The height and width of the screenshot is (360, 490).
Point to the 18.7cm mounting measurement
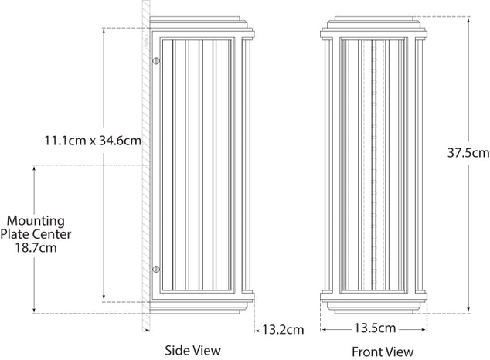pyautogui.click(x=36, y=249)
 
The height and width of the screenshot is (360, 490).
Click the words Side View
pyautogui.click(x=193, y=351)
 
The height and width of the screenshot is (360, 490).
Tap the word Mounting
pyautogui.click(x=36, y=219)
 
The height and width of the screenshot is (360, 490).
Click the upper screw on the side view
pyautogui.click(x=155, y=61)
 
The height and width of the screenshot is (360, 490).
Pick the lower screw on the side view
pyautogui.click(x=155, y=269)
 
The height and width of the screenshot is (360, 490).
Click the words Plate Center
pyautogui.click(x=36, y=234)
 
